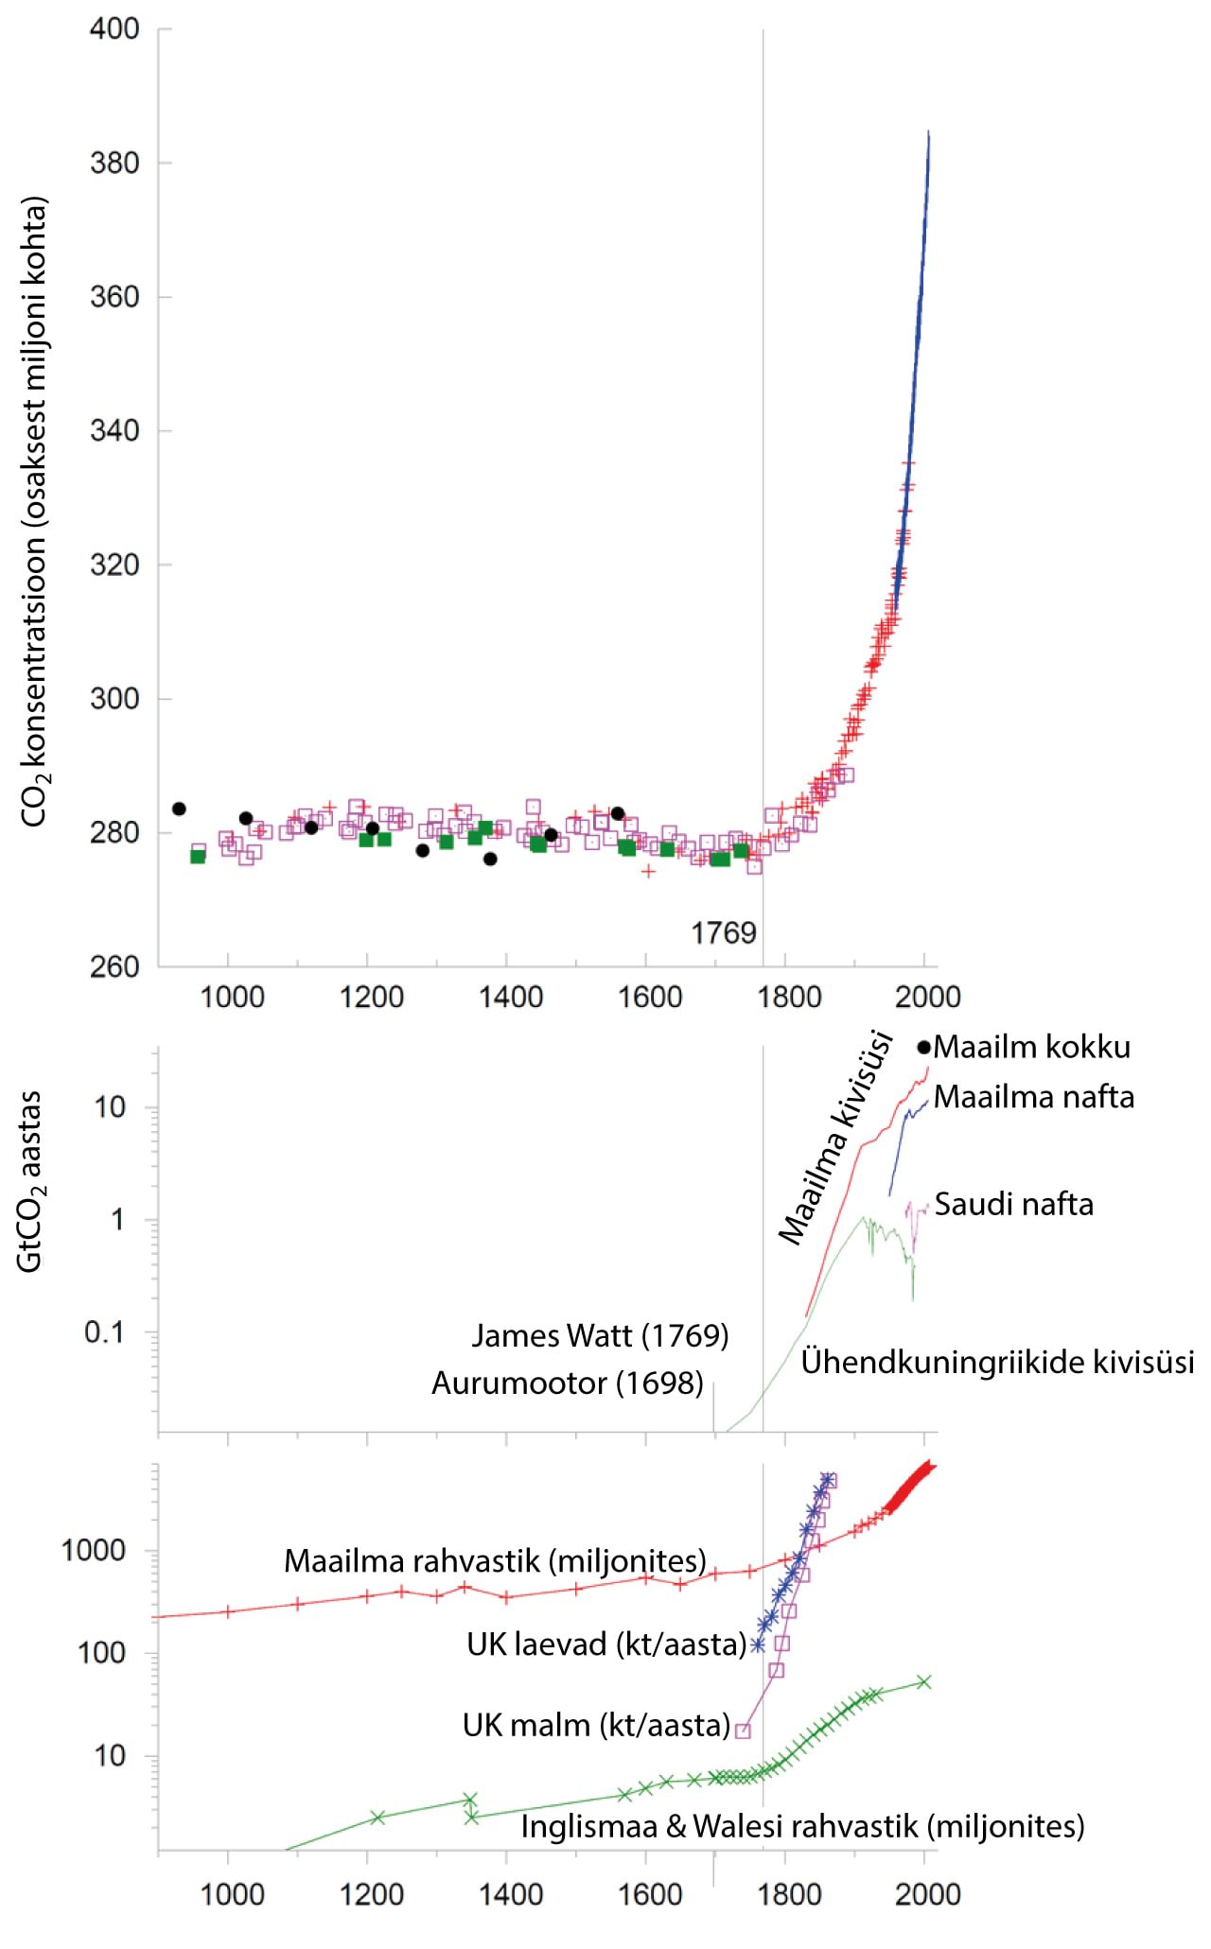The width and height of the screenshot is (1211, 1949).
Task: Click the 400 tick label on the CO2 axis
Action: coord(114,28)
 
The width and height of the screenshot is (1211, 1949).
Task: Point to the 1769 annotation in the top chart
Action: coord(724,933)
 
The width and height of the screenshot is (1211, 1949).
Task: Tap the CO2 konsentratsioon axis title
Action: coord(35,511)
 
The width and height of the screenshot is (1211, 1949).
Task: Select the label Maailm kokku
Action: coord(1032,1047)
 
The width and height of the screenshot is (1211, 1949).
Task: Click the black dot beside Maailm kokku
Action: coord(924,1047)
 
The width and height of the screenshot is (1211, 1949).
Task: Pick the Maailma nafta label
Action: coord(1034,1097)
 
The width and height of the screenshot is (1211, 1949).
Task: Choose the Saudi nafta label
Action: coord(1014,1204)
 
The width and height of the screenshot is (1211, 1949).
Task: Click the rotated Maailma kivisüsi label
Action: coord(835,1138)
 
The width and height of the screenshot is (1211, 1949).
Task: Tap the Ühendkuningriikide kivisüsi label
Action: coord(997,1362)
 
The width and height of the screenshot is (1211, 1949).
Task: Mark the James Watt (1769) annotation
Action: coord(600,1335)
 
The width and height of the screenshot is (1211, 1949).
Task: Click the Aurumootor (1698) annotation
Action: coord(568,1383)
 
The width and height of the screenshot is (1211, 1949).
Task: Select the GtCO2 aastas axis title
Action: coord(31,1182)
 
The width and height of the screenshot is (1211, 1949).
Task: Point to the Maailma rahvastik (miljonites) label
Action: coord(495,1559)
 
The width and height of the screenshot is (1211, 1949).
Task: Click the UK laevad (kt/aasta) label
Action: coord(606,1644)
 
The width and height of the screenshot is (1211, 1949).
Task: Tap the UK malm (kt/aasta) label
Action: coord(596,1725)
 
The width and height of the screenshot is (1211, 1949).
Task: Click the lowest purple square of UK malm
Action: coord(744,1731)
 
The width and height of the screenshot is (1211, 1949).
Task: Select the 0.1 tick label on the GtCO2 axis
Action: coord(104,1332)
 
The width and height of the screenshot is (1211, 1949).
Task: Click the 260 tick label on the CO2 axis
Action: coord(114,966)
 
